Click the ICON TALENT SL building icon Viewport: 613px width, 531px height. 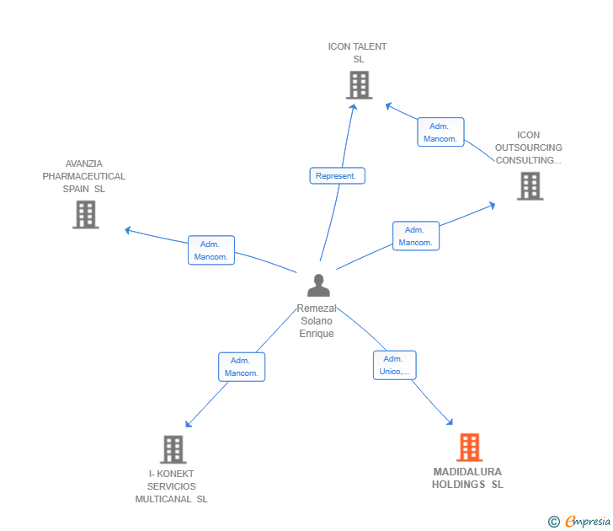click(359, 85)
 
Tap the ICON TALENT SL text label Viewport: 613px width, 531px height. click(358, 53)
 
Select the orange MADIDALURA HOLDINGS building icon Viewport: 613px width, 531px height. click(469, 447)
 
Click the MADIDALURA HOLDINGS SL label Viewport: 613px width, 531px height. click(467, 479)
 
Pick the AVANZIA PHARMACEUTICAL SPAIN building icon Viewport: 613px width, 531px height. click(85, 215)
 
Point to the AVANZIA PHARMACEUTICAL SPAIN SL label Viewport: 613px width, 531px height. click(84, 177)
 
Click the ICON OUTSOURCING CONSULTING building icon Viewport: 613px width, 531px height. click(530, 186)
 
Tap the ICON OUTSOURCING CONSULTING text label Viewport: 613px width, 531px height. click(528, 147)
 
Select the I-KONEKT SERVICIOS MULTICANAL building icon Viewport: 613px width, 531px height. click(173, 449)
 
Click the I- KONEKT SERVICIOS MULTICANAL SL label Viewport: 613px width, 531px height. click(172, 486)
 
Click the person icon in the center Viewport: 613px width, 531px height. click(318, 286)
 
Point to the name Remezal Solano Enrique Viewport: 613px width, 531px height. click(317, 321)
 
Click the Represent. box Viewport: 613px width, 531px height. click(337, 176)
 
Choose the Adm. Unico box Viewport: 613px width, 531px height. click(394, 365)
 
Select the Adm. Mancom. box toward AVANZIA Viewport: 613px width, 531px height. click(211, 250)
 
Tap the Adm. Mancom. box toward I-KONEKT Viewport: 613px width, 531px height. click(242, 367)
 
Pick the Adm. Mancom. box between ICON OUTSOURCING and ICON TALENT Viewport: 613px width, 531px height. click(440, 132)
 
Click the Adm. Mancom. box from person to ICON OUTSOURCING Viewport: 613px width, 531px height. click(415, 236)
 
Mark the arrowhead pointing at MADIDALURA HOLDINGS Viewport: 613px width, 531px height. click(450, 422)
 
